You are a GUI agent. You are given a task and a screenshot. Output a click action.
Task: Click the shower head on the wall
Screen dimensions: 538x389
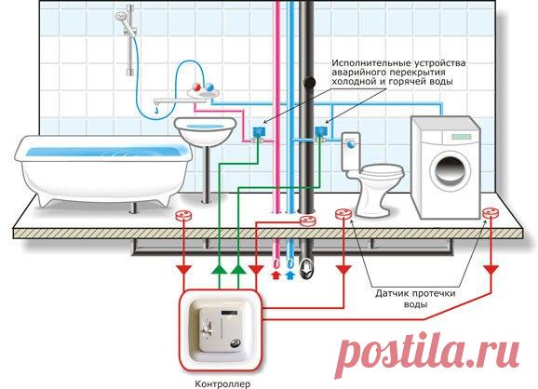121,16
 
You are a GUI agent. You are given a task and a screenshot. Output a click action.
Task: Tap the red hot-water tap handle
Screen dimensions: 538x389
196,87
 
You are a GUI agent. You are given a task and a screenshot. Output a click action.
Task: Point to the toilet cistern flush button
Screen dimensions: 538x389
351,143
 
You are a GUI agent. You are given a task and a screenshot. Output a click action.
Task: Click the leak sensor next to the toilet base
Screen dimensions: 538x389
343,214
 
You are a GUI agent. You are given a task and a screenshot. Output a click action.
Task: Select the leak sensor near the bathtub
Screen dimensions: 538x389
183,216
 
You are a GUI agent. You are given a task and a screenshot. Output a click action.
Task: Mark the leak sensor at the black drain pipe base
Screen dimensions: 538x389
307,220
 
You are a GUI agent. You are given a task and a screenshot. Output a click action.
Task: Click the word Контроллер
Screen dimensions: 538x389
222,383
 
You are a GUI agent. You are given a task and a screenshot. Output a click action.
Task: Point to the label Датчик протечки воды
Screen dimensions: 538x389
415,299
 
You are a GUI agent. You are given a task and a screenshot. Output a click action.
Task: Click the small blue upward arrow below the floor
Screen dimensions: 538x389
289,275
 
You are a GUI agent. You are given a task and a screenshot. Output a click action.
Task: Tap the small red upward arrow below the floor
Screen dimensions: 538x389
276,275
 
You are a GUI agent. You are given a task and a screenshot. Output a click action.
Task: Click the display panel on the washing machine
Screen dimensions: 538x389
461,137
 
